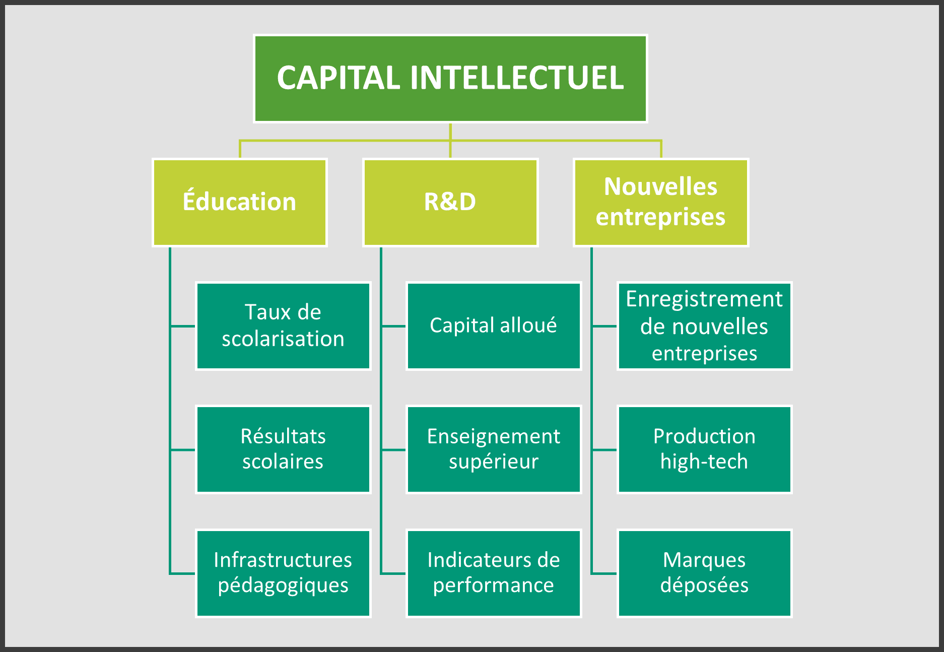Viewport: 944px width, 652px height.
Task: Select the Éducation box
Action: click(240, 203)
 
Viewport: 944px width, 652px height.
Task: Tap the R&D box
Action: click(450, 203)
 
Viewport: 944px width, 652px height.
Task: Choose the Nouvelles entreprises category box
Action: click(660, 203)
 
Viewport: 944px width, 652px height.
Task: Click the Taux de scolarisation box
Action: click(283, 326)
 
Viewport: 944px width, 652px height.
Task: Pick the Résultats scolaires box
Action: click(283, 449)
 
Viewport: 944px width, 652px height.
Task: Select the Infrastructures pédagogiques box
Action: click(283, 573)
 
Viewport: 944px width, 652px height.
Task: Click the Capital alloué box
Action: click(493, 326)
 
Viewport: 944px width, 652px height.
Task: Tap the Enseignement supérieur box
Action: click(493, 449)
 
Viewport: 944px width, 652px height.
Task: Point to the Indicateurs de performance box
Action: click(493, 573)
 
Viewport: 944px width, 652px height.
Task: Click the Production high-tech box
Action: click(704, 449)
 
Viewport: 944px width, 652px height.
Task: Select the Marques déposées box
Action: click(704, 573)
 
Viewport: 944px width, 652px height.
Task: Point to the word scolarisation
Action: click(283, 339)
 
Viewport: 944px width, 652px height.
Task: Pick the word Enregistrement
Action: click(704, 299)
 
